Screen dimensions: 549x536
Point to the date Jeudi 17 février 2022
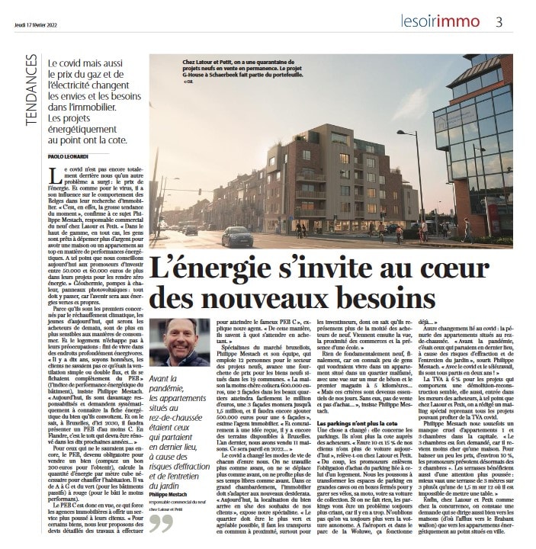coord(38,22)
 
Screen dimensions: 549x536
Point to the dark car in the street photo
coord(237,236)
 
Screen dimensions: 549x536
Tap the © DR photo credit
coord(190,82)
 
